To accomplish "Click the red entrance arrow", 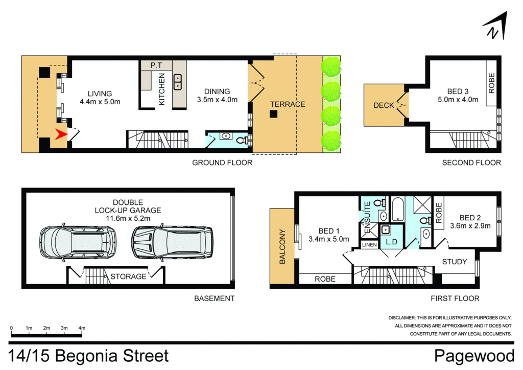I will [x=61, y=135].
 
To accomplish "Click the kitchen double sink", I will [x=178, y=81].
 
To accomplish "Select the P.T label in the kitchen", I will [x=156, y=66].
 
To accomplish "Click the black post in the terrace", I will [x=274, y=114].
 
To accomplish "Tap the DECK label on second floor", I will [x=384, y=105].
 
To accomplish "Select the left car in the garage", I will [x=78, y=240].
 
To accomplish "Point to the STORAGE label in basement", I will [x=128, y=276].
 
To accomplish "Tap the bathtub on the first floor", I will [x=397, y=210].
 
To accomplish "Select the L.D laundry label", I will [x=392, y=241].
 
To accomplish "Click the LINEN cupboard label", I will [x=369, y=245].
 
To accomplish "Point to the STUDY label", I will [x=454, y=262].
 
